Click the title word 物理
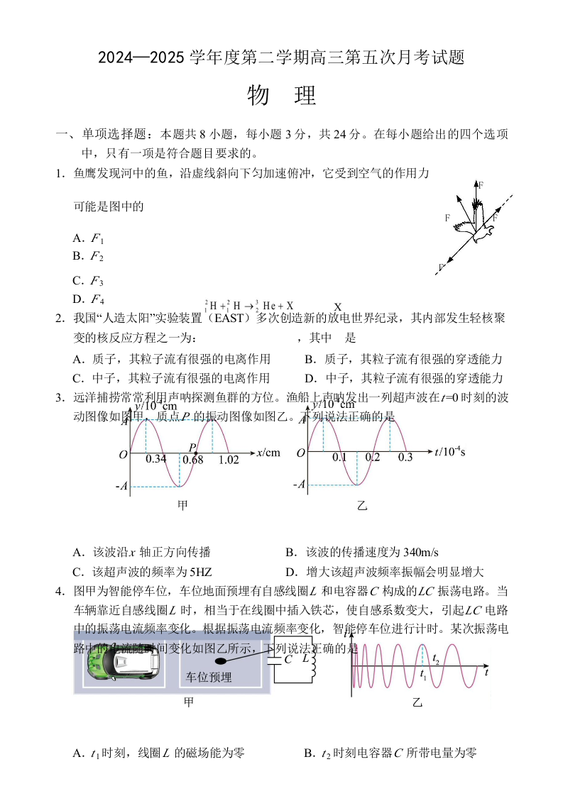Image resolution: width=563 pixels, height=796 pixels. (x=281, y=96)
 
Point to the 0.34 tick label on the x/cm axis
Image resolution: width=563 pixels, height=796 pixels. (x=155, y=459)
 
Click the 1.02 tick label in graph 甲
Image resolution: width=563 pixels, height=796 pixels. (x=229, y=459)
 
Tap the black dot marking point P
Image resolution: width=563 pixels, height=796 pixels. (x=195, y=451)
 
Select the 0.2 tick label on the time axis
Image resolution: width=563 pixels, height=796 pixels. (x=373, y=458)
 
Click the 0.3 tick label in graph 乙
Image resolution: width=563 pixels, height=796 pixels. (x=405, y=458)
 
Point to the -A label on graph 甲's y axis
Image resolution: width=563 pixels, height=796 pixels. (x=122, y=486)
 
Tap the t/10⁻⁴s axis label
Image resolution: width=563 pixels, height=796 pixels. (x=450, y=451)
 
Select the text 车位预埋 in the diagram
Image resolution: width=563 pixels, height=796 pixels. (x=209, y=677)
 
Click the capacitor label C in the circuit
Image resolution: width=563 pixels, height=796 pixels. (x=288, y=659)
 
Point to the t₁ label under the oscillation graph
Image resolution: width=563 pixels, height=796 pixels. (x=424, y=673)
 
